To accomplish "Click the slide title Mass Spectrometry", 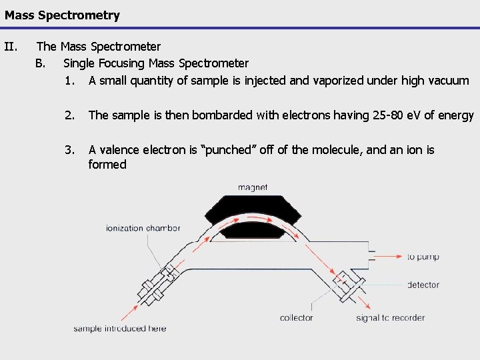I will click(x=62, y=15).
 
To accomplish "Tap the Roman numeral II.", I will click(x=10, y=47).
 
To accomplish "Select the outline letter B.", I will click(x=41, y=63).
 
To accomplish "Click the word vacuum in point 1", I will click(x=449, y=81).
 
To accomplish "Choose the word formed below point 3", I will click(x=107, y=165).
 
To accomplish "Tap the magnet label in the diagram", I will click(x=253, y=188).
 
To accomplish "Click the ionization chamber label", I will click(x=143, y=228).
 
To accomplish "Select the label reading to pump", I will click(x=423, y=257).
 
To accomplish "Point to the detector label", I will click(x=423, y=285).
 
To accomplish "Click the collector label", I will click(x=297, y=318).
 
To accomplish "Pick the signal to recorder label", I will click(x=391, y=318).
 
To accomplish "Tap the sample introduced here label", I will click(x=120, y=328).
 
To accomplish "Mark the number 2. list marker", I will click(x=69, y=115).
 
